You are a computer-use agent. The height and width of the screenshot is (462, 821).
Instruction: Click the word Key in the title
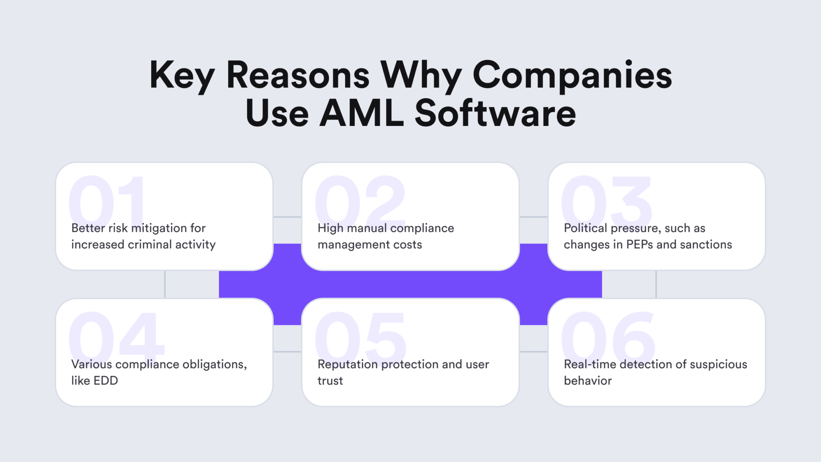pyautogui.click(x=182, y=76)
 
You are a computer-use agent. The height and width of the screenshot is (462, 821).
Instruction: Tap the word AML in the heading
pyautogui.click(x=361, y=113)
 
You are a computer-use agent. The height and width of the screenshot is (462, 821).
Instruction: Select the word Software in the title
pyautogui.click(x=495, y=113)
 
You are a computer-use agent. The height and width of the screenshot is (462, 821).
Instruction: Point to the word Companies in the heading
pyautogui.click(x=572, y=76)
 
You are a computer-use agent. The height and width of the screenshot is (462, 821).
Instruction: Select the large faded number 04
pyautogui.click(x=116, y=335)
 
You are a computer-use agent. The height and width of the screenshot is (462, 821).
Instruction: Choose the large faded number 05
pyautogui.click(x=361, y=335)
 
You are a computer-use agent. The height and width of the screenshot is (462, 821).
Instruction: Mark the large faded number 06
pyautogui.click(x=608, y=335)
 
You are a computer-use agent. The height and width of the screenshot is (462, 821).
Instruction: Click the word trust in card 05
pyautogui.click(x=330, y=381)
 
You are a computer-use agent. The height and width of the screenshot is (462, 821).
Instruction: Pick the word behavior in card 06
pyautogui.click(x=588, y=381)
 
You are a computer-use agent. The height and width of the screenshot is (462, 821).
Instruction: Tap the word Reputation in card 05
pyautogui.click(x=348, y=364)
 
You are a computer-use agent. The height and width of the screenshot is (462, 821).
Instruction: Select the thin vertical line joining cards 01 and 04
pyautogui.click(x=165, y=284)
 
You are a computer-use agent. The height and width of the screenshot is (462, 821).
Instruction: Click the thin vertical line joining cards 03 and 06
pyautogui.click(x=656, y=284)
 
